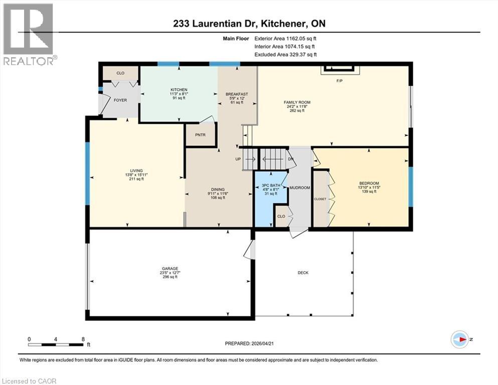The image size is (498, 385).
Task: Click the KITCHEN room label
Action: point(179,90)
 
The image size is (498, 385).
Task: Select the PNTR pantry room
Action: point(201,134)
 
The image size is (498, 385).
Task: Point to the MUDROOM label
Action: point(300,187)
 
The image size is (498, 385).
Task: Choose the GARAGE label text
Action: point(169,268)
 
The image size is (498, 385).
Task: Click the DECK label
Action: point(303,273)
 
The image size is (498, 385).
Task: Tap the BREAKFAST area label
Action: point(237,94)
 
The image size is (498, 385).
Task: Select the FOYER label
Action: point(120,100)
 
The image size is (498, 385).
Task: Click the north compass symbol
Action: point(460,339)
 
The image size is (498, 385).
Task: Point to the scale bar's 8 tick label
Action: point(82,339)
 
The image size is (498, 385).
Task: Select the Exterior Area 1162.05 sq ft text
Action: point(285,38)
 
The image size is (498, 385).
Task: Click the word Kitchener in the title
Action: point(278,24)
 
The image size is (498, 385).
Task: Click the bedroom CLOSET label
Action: point(320,199)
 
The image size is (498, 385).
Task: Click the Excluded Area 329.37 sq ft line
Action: point(285,55)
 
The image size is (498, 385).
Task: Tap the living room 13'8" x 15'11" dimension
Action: point(136,174)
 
